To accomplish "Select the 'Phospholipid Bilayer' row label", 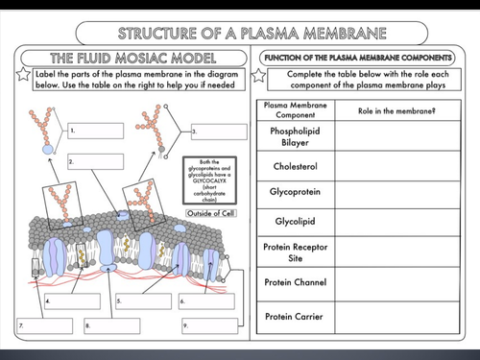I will point(295,136).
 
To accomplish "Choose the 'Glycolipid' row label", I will point(295,224).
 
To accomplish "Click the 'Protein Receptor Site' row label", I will point(295,252).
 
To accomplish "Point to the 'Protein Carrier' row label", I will point(295,316).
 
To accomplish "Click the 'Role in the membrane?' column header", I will point(393,110).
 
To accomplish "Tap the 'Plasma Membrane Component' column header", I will point(295,108).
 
